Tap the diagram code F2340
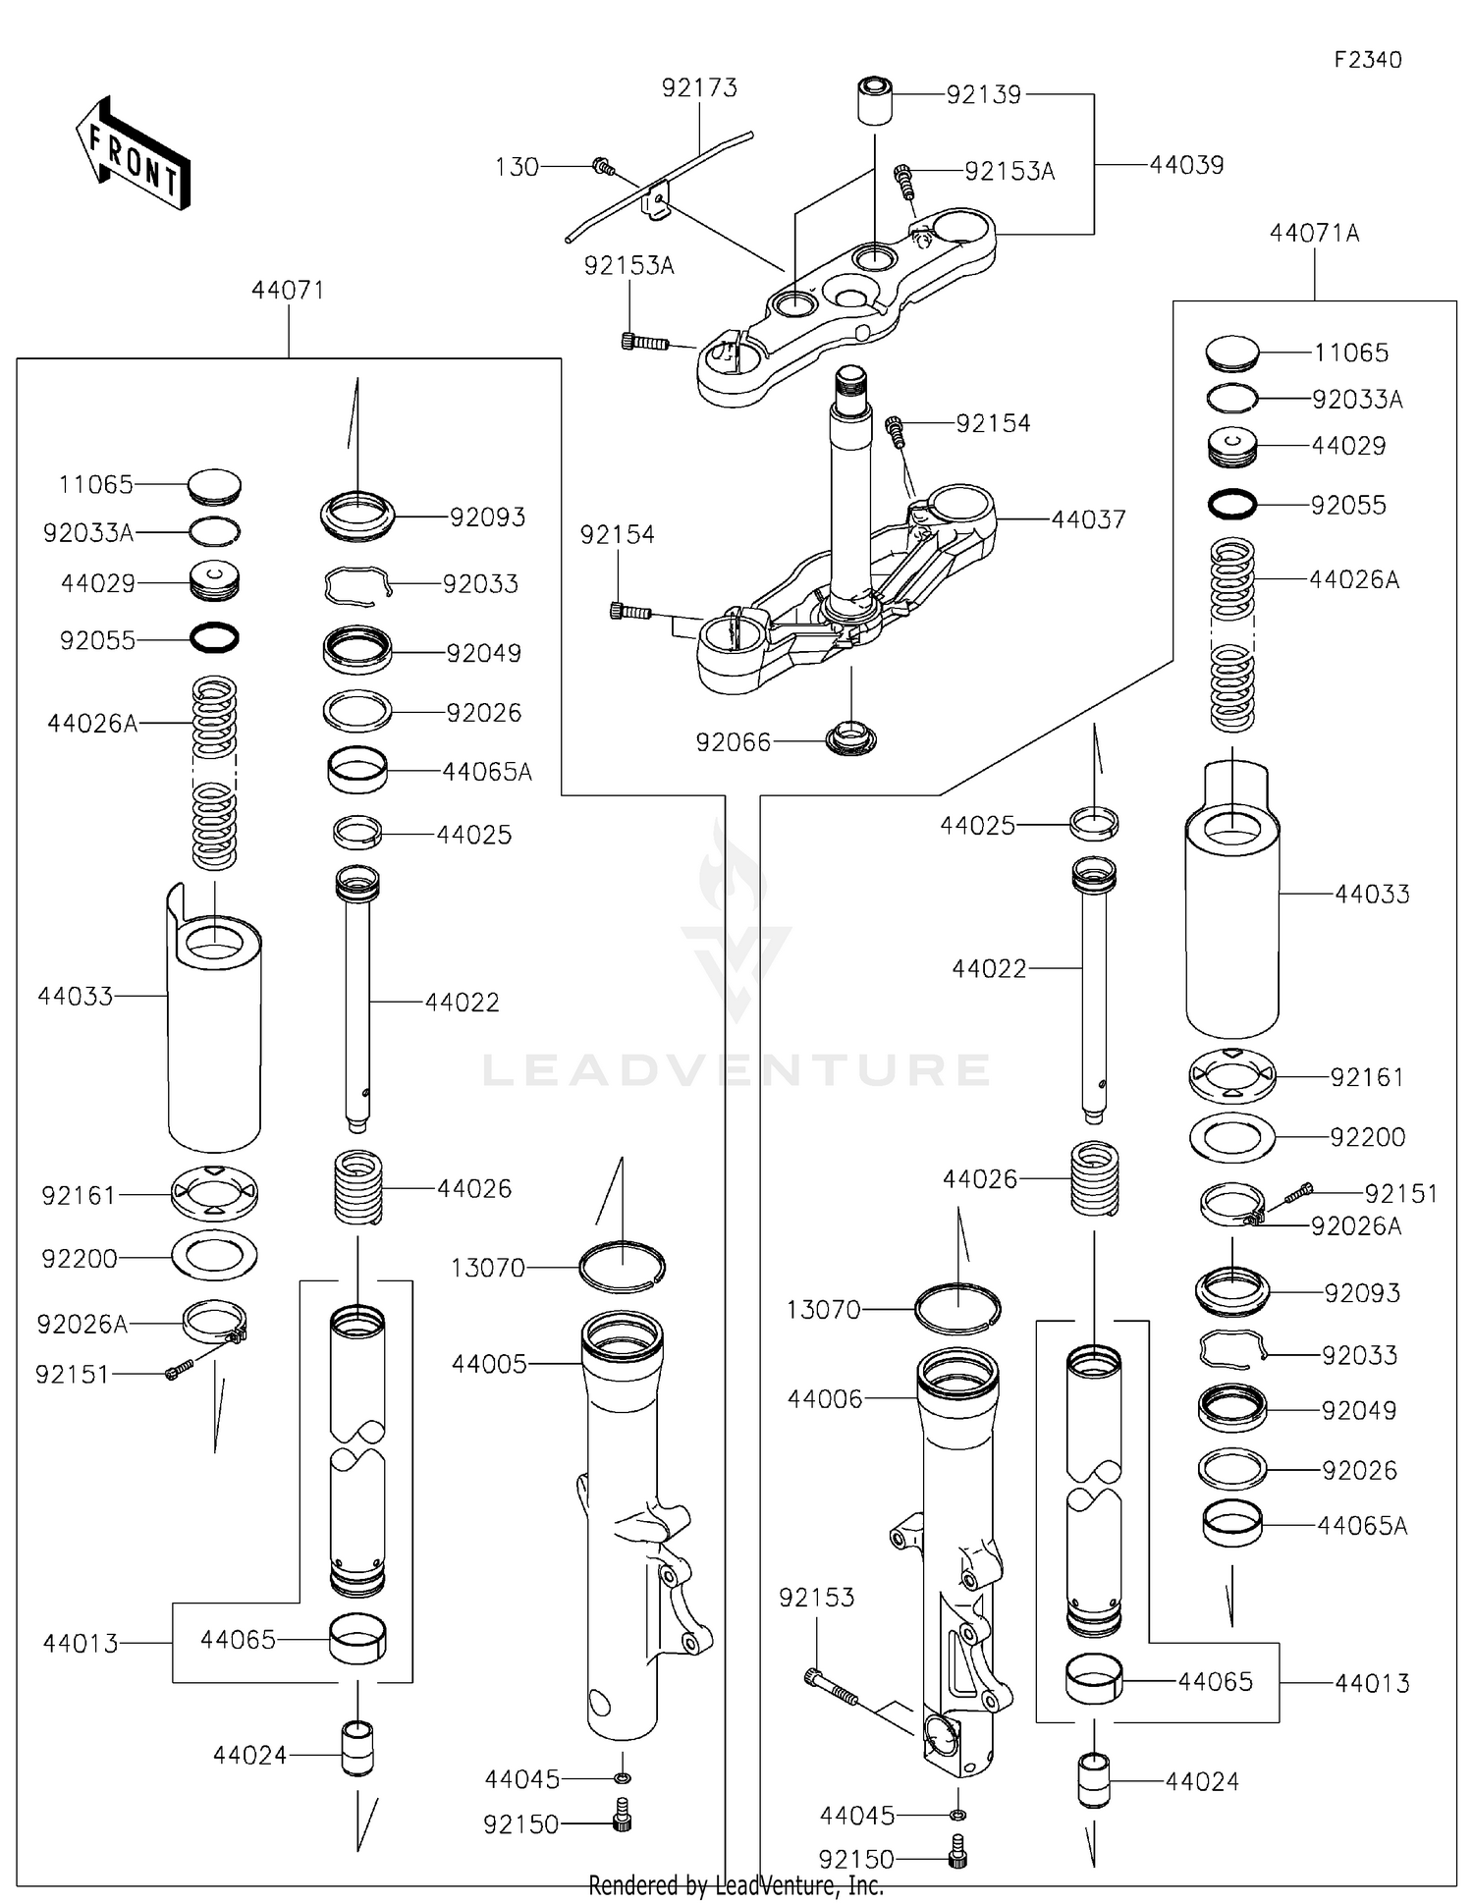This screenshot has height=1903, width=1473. (x=1367, y=60)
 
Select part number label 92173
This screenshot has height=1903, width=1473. (x=698, y=88)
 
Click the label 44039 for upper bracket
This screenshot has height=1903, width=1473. (x=1186, y=165)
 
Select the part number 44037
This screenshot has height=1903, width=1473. (x=1088, y=519)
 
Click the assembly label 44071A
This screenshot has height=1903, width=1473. (x=1314, y=234)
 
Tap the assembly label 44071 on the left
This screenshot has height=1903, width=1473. (x=288, y=291)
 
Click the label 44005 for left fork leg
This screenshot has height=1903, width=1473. (x=489, y=1364)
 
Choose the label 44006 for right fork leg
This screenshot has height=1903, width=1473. (x=825, y=1399)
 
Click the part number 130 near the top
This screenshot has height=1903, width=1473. (x=517, y=168)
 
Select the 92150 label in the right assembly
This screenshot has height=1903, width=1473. (x=856, y=1860)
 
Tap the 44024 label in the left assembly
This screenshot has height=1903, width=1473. (x=249, y=1755)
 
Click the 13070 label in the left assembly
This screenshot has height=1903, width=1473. (x=488, y=1269)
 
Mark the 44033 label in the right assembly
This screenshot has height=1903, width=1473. (x=1372, y=895)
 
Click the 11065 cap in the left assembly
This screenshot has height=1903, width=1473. (x=213, y=486)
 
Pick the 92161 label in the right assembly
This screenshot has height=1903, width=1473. (x=1367, y=1078)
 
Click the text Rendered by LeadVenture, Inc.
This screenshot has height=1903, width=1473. (x=736, y=1885)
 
